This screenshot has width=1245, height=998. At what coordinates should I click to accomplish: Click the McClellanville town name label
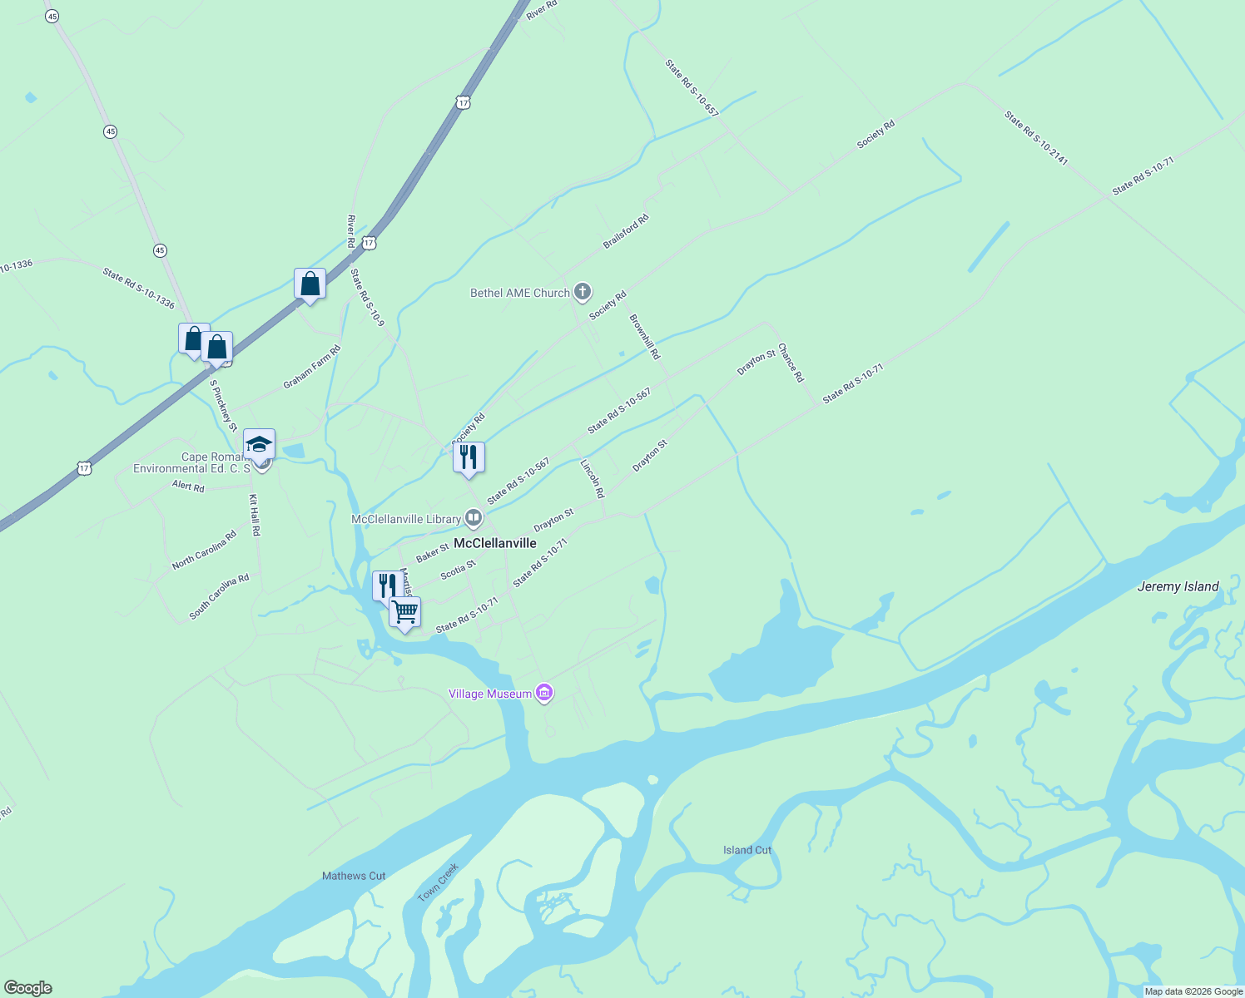click(494, 543)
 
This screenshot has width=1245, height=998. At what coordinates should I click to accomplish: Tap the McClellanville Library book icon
click(474, 519)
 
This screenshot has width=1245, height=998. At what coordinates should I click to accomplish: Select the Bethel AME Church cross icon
click(583, 292)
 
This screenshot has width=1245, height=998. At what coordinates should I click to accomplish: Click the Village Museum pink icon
click(544, 693)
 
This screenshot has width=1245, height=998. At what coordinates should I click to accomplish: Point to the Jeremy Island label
click(1178, 586)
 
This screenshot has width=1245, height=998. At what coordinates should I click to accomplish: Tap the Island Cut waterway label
click(747, 850)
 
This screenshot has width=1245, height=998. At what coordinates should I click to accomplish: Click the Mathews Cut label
click(354, 876)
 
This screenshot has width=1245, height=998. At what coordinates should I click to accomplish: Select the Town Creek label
click(438, 882)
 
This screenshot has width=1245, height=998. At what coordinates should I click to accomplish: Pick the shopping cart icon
click(405, 612)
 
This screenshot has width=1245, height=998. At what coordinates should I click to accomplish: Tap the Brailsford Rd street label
click(626, 232)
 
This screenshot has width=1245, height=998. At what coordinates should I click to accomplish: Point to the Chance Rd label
click(791, 363)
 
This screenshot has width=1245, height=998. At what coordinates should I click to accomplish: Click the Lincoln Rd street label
click(593, 478)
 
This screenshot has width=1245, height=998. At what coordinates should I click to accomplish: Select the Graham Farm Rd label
click(312, 367)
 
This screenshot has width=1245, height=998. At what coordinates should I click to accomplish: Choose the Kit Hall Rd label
click(255, 515)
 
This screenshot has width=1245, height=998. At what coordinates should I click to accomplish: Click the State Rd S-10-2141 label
click(1035, 138)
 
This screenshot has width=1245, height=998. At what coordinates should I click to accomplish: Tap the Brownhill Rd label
click(644, 336)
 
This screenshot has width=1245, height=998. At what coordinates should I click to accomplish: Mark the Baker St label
click(432, 554)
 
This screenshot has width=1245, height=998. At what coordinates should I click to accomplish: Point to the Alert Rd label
click(188, 486)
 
